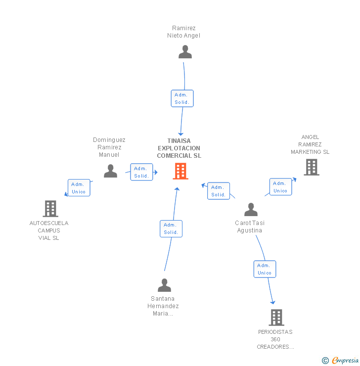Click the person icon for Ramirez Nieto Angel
point(185,52)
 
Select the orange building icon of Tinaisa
point(180,171)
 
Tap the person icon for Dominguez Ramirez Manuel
point(110,171)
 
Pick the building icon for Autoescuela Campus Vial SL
point(50,209)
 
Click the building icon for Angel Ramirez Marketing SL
point(312,167)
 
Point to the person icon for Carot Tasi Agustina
point(251,210)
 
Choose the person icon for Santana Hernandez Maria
point(164,285)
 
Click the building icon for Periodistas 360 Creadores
point(276,317)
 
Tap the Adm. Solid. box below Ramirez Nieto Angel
point(182,98)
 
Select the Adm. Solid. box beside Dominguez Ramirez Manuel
point(141,172)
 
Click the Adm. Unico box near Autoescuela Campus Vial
point(79,188)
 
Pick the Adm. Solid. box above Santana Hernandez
point(171,229)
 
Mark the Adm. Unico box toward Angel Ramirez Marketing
point(280,187)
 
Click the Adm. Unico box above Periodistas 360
point(265,269)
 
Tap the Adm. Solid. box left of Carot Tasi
point(219,191)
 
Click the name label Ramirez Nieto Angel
point(184,32)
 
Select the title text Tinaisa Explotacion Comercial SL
point(179,148)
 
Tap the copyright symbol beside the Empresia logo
point(325,361)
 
